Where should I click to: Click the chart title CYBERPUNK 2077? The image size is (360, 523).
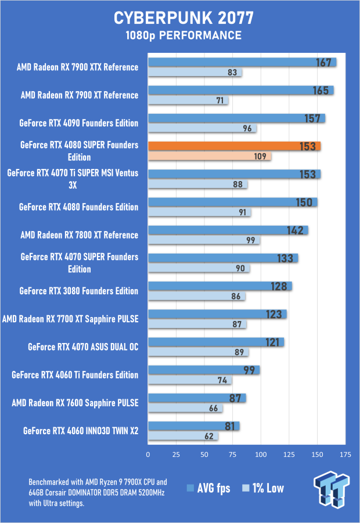pyautogui.click(x=179, y=17)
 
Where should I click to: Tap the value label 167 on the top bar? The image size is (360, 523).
pyautogui.click(x=323, y=62)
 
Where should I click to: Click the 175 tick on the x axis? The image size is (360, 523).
pyautogui.click(x=345, y=454)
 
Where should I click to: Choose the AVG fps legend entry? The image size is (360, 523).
pyautogui.click(x=209, y=488)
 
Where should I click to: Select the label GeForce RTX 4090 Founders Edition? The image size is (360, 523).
pyautogui.click(x=78, y=123)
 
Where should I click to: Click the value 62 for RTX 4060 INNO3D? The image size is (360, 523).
pyautogui.click(x=209, y=437)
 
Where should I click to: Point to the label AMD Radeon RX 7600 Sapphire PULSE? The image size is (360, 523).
pyautogui.click(x=74, y=403)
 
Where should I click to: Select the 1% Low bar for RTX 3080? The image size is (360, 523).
pyautogui.click(x=196, y=297)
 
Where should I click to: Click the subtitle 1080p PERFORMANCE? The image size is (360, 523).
pyautogui.click(x=179, y=36)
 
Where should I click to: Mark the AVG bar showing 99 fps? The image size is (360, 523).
pyautogui.click(x=203, y=370)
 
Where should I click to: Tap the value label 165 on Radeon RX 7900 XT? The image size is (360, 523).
pyautogui.click(x=321, y=91)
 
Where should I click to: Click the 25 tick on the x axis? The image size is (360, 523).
pyautogui.click(x=176, y=454)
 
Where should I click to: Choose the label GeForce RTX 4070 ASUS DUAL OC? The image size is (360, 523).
pyautogui.click(x=83, y=347)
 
